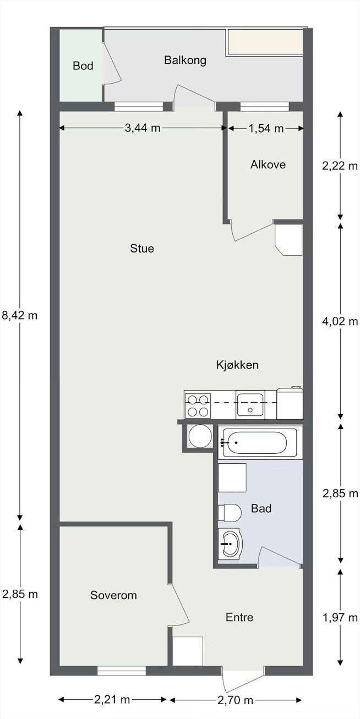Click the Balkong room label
(185, 61)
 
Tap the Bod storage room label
(83, 66)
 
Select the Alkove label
(268, 164)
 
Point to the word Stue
(142, 249)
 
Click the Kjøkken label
(237, 365)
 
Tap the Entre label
(239, 617)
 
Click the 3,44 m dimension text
(142, 128)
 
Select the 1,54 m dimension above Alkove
(266, 128)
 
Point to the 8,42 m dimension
(20, 316)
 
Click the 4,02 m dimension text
(340, 321)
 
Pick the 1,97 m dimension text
(340, 617)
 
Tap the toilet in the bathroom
(230, 513)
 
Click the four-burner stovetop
(198, 406)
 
